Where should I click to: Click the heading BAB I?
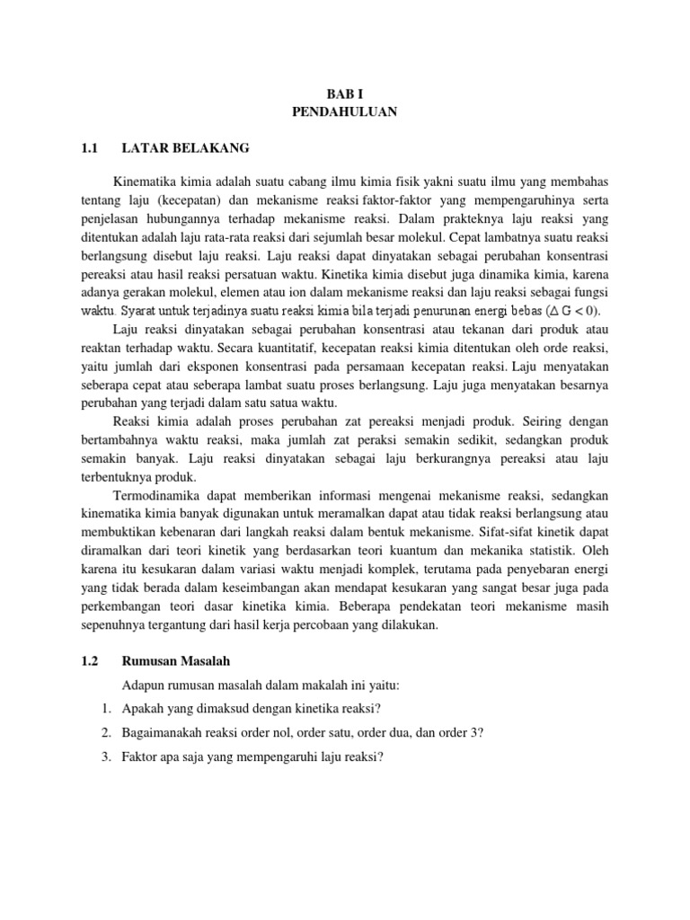click(344, 93)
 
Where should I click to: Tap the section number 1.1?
click(87, 147)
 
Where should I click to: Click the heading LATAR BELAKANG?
click(186, 147)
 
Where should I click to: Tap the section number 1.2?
click(87, 661)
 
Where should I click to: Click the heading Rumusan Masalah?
click(176, 661)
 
